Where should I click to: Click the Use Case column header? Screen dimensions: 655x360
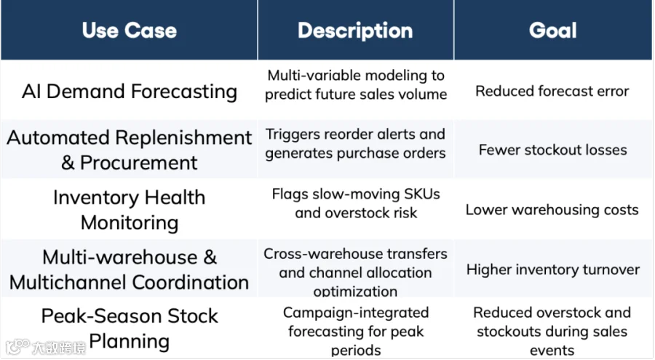(130, 31)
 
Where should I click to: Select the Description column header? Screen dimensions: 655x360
(355, 31)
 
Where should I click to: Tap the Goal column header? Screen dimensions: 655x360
(552, 31)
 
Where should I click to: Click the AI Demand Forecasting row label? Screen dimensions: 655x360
(130, 92)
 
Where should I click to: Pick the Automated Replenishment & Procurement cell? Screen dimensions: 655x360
(130, 150)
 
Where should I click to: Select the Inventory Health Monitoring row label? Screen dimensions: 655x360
(130, 209)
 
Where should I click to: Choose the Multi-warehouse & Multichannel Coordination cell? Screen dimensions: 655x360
(130, 269)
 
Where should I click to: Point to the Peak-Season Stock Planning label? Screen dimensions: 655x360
(130, 328)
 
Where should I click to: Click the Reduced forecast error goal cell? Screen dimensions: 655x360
(552, 91)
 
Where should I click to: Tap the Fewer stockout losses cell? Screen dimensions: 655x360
(552, 150)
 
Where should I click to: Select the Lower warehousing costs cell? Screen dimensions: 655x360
(552, 209)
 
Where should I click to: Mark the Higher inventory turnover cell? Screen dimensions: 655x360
(552, 269)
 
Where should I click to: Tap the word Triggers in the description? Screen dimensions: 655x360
(293, 135)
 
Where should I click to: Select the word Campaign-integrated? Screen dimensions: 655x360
(356, 313)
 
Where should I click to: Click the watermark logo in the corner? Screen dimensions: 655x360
(46, 347)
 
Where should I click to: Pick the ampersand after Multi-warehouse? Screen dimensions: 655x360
(210, 257)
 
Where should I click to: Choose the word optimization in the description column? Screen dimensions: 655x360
(355, 291)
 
